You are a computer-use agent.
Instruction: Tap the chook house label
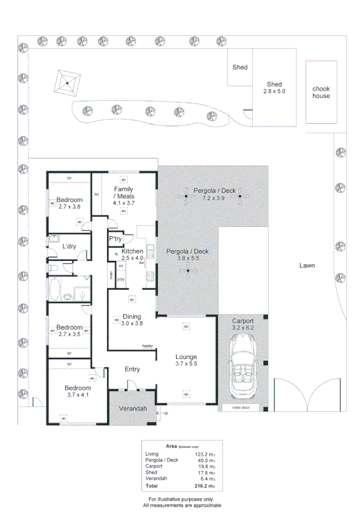pos(321,92)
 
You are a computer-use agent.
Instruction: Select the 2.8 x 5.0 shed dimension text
pos(274,91)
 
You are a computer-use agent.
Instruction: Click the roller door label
pos(240,408)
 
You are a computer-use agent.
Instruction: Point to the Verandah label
pos(132,408)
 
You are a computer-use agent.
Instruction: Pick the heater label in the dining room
pos(147,346)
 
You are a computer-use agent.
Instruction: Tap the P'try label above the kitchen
pos(115,239)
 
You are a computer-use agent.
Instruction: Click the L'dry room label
pos(69,246)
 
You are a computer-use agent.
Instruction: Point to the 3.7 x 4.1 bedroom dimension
pos(77,395)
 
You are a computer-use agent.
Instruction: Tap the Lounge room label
pos(186,357)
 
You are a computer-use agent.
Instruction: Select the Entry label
pos(132,369)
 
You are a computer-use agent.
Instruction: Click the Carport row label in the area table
pos(154,467)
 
